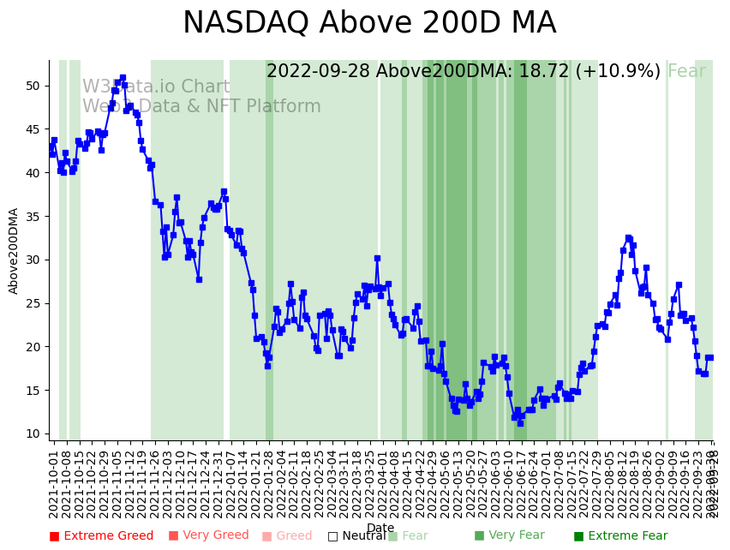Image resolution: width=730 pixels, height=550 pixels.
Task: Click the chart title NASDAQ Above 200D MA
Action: (369, 23)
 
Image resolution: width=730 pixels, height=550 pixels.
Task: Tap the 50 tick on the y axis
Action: (33, 86)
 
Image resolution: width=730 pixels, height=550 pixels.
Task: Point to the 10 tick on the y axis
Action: (33, 433)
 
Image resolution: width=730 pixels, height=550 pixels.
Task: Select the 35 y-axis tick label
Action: (33, 216)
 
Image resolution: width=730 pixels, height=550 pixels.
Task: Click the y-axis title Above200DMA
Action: (14, 250)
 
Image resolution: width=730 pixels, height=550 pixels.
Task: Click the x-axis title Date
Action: (380, 528)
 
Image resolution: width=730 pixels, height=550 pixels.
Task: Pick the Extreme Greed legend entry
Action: (101, 536)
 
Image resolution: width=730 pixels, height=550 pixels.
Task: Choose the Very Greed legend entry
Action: (208, 536)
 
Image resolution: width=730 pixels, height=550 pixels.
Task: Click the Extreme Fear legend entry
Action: (621, 536)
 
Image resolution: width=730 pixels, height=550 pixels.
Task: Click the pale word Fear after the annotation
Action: (686, 72)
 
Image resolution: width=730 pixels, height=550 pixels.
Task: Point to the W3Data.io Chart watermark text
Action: (156, 87)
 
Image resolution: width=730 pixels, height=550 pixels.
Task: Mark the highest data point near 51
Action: (123, 78)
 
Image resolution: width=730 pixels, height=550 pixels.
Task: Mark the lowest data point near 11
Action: (520, 423)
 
